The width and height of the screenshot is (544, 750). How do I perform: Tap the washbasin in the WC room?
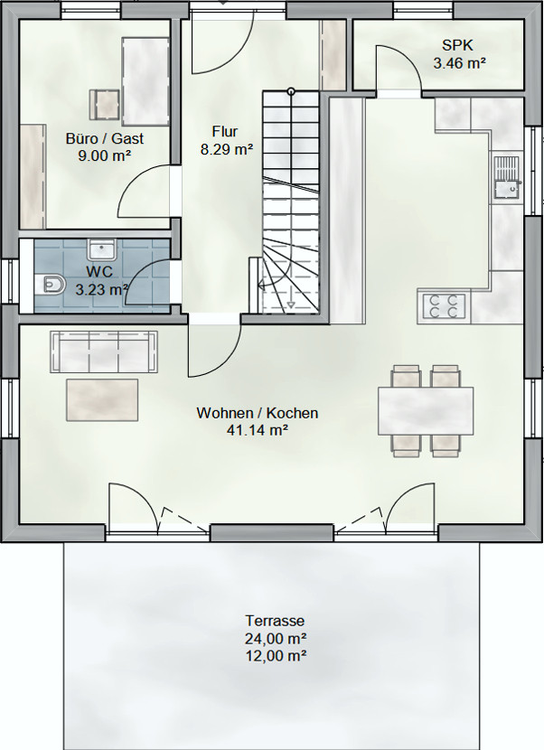pos(101,249)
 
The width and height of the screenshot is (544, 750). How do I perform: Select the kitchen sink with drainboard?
pos(506,176)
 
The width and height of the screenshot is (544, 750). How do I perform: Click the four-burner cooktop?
pos(444,305)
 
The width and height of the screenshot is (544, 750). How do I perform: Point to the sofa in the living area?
pos(105,352)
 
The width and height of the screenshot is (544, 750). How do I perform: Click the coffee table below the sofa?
pos(102,400)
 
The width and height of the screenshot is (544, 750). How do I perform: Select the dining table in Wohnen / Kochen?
pos(426,411)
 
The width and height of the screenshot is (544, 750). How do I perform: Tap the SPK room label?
pos(457,45)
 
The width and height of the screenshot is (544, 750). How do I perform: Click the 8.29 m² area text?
pos(226,150)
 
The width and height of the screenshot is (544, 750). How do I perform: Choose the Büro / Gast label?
pos(105,139)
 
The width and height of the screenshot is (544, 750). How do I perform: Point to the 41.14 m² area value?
pos(257,430)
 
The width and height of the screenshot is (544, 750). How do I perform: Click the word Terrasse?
pos(275,621)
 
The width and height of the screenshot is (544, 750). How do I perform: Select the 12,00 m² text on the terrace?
pos(276,655)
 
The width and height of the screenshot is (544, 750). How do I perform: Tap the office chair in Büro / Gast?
pos(104,104)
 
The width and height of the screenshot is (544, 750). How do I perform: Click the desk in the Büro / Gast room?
pos(145,82)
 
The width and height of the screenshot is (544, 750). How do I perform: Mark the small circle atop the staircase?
pos(291,91)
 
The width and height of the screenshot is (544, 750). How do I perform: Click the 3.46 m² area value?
pos(459,62)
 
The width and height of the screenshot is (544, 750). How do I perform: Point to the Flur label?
pos(225,132)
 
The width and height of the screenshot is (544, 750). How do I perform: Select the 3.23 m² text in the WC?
pos(102,289)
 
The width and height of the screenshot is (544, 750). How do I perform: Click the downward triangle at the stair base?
pos(291,305)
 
